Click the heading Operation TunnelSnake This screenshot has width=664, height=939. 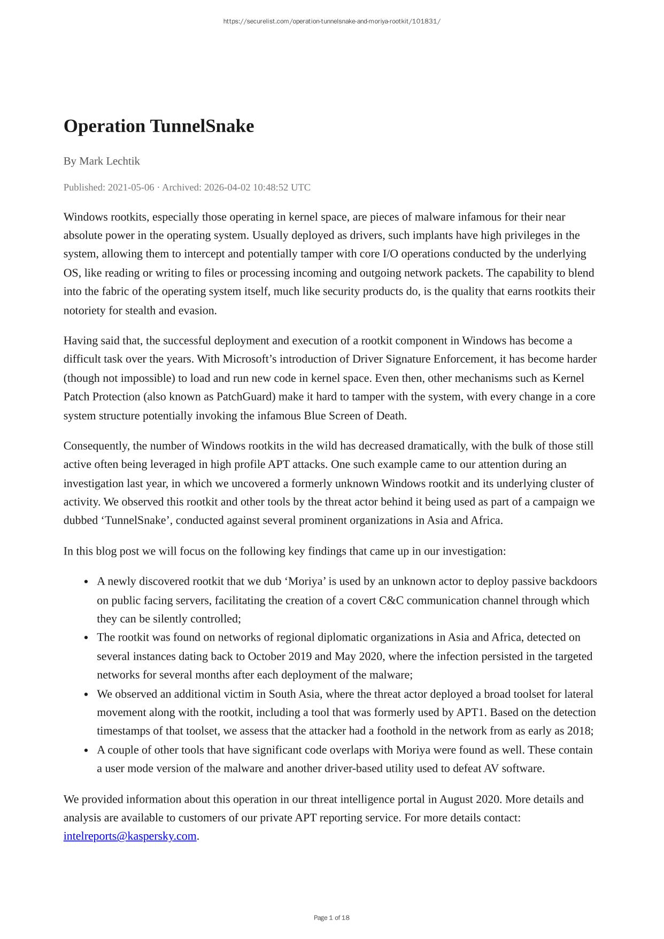click(159, 127)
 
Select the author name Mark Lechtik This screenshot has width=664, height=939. click(109, 161)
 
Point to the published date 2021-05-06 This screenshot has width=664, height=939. click(130, 187)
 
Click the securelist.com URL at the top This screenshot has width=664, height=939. click(331, 21)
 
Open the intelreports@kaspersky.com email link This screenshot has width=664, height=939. click(130, 836)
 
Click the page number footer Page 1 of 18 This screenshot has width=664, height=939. click(331, 918)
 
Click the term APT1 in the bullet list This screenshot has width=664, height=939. click(470, 712)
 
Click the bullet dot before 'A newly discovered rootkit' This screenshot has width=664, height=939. click(86, 582)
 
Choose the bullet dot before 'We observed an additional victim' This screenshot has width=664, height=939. click(86, 695)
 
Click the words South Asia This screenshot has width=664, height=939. click(294, 694)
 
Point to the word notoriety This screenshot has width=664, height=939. click(84, 311)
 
